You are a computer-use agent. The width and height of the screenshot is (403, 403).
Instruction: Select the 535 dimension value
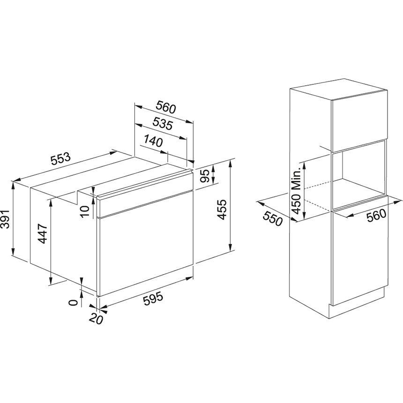click(163, 124)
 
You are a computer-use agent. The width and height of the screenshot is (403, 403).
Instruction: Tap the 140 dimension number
click(153, 141)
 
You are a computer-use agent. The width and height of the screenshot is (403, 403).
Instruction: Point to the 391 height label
click(5, 219)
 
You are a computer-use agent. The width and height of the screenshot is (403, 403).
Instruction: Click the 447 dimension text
click(42, 233)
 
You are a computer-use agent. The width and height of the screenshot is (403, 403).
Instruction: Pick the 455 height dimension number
click(222, 209)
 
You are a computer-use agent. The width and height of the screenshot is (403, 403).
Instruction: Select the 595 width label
click(153, 299)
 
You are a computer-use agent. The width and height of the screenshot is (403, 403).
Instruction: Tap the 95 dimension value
click(205, 176)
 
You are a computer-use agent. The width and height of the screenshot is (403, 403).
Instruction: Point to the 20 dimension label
click(96, 319)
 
